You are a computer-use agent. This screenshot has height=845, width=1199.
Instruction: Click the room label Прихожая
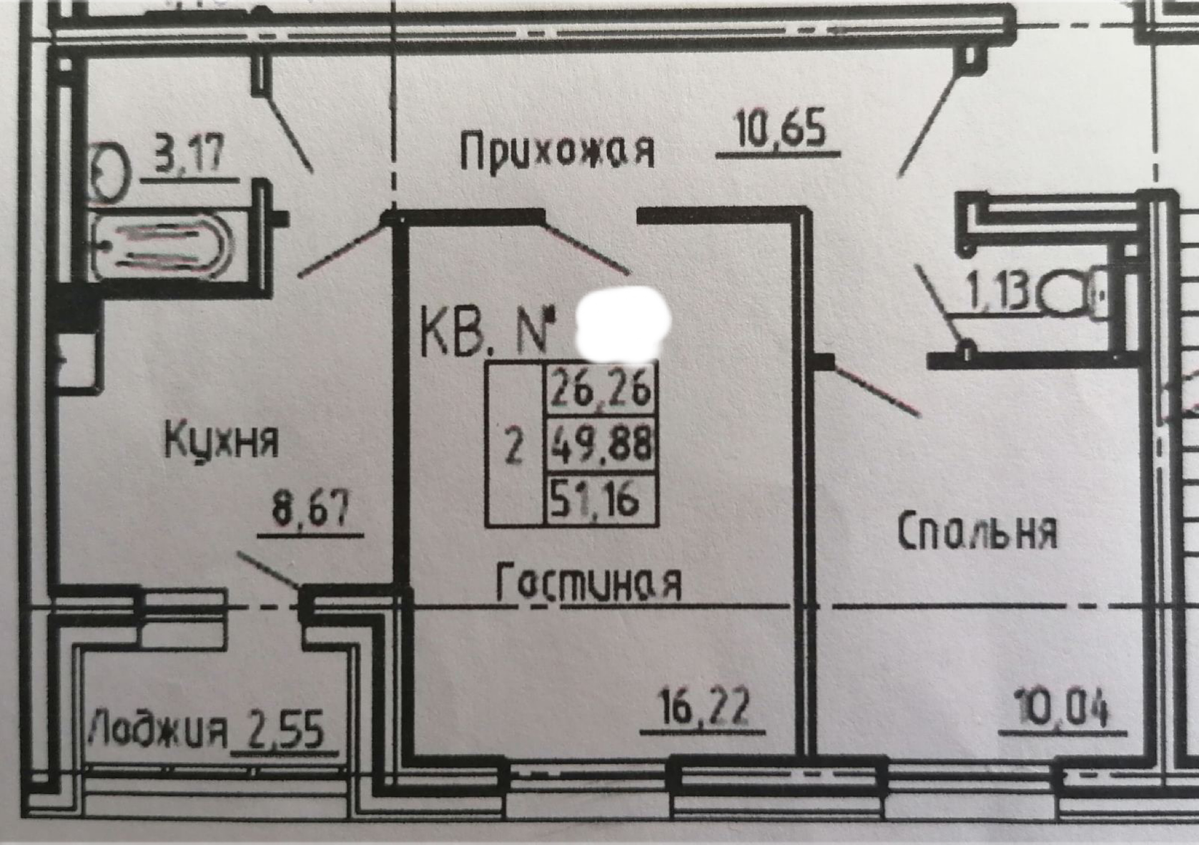(557, 150)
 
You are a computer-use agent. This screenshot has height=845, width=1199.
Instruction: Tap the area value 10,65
(781, 130)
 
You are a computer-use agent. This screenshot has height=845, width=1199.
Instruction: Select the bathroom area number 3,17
(189, 155)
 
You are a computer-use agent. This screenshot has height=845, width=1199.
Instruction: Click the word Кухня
(221, 440)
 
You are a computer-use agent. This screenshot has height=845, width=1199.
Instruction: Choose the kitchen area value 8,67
(310, 510)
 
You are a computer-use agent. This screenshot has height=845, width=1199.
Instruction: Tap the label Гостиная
(588, 582)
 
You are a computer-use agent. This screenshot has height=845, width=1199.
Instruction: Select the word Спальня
(978, 532)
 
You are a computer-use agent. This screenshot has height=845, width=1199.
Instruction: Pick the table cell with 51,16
(601, 499)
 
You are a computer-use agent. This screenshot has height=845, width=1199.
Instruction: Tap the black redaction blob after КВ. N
(622, 325)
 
